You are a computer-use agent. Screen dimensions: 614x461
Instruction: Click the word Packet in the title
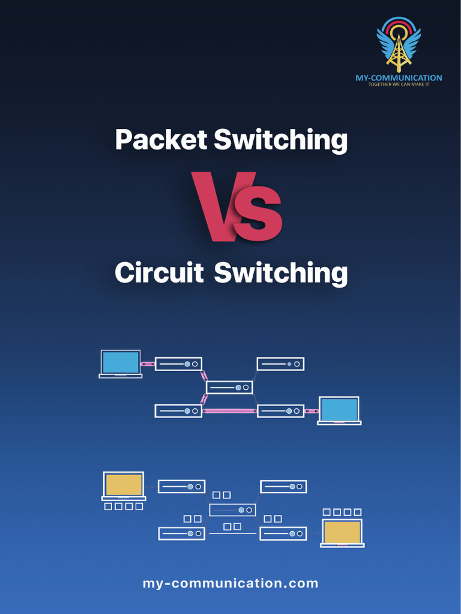[160, 140]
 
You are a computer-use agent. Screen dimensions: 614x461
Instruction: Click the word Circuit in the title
[159, 273]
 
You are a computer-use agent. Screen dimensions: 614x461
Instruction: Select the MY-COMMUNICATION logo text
[399, 78]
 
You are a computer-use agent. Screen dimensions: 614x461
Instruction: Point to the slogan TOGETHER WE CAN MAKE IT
[399, 85]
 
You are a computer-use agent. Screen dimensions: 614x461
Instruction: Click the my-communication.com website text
[230, 583]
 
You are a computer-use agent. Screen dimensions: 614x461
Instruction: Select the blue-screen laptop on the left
[121, 364]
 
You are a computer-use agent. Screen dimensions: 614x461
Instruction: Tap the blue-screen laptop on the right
[339, 411]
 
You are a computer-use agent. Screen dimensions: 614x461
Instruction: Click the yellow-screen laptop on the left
[124, 486]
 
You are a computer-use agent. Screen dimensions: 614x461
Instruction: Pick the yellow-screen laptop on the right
[342, 532]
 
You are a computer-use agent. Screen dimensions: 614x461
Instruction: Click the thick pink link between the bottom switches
[229, 411]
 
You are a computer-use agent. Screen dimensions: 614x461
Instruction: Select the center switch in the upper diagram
[229, 387]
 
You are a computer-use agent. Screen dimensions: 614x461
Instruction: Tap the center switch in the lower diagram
[232, 510]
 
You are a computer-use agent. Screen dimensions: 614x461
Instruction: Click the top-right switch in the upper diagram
[280, 364]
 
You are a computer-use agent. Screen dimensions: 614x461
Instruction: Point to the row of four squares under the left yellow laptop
[124, 507]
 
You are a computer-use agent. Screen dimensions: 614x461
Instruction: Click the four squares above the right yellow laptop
[342, 512]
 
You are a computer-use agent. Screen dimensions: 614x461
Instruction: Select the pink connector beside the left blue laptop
[148, 364]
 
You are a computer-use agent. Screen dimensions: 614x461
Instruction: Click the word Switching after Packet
[280, 140]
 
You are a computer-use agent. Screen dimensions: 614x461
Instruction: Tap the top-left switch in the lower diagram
[181, 486]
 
